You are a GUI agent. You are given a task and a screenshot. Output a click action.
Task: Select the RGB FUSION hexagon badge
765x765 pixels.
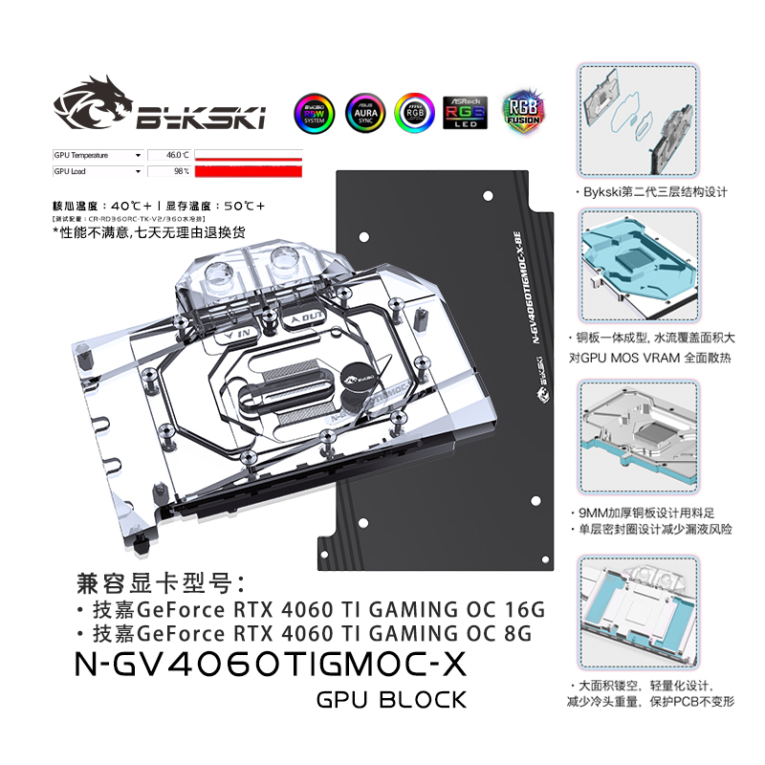[523, 111]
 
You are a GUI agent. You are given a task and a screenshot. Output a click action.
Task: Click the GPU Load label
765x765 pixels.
[71, 171]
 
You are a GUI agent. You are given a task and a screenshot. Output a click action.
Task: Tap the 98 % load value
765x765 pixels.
[180, 171]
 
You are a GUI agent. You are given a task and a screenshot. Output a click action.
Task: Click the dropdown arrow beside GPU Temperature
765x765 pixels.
[139, 154]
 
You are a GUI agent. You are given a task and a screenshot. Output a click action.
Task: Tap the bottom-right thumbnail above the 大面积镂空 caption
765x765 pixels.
[639, 612]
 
